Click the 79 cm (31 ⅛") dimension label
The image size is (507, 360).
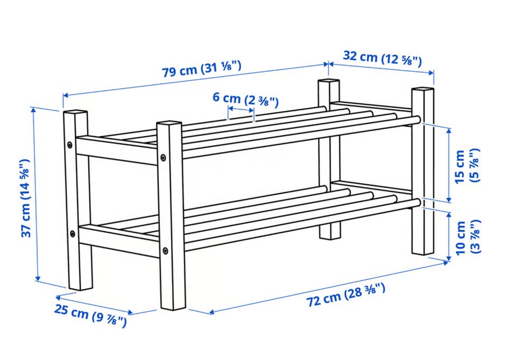pyautogui.click(x=201, y=68)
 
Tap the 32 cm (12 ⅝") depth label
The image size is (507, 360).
pyautogui.click(x=382, y=58)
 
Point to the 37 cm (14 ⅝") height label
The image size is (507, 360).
pyautogui.click(x=26, y=198)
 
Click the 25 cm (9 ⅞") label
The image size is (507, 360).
pyautogui.click(x=90, y=315)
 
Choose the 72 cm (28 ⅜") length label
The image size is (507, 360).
pyautogui.click(x=346, y=295)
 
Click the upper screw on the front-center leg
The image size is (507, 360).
pyautogui.click(x=163, y=158)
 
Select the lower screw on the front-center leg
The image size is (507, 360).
pyautogui.click(x=165, y=250)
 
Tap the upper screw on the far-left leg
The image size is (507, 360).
pyautogui.click(x=70, y=145)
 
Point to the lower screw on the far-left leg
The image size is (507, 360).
pyautogui.click(x=72, y=233)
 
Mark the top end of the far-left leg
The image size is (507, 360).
pyautogui.click(x=76, y=113)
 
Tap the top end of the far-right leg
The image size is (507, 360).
pyautogui.click(x=422, y=89)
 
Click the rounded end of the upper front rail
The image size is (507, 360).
pyautogui.click(x=417, y=120)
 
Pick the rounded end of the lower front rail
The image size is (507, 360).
pyautogui.click(x=417, y=203)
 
